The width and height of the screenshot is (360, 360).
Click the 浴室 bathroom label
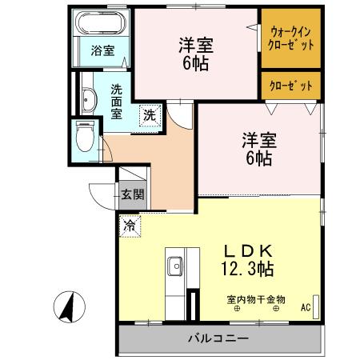[x=103, y=50]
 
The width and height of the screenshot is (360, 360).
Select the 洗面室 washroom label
[x=116, y=101]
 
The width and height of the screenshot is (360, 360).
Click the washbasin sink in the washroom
[x=89, y=99]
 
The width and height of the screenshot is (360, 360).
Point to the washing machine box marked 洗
[x=149, y=114]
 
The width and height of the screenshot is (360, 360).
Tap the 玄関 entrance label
[x=133, y=194]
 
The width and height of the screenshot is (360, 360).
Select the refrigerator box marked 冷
[x=128, y=226]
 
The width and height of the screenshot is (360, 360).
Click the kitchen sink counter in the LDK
[x=175, y=276]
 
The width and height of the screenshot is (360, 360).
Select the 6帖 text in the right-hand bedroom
[x=258, y=158]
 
